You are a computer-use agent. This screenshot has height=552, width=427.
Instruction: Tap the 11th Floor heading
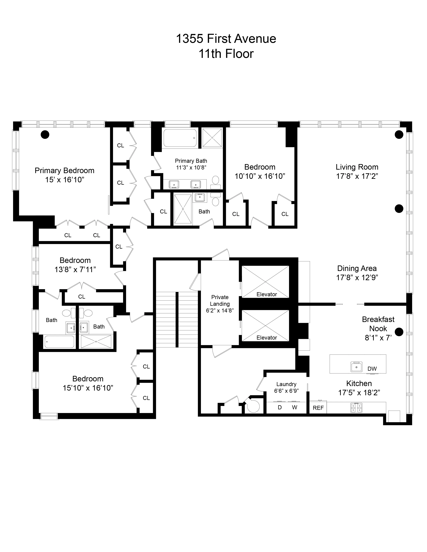(x=226, y=54)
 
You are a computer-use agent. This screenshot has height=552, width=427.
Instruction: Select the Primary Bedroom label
(x=64, y=171)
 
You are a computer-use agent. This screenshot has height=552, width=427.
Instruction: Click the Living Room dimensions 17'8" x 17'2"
(x=357, y=176)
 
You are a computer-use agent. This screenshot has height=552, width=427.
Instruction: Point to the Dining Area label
(x=357, y=268)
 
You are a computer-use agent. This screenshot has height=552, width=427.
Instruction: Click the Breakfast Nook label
(x=378, y=324)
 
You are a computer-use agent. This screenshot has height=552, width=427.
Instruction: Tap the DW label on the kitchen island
(x=372, y=369)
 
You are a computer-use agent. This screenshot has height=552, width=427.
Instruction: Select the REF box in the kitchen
(x=318, y=408)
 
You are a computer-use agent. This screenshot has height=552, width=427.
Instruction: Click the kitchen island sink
(x=357, y=367)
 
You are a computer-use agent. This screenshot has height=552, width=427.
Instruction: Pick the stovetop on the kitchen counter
(x=356, y=407)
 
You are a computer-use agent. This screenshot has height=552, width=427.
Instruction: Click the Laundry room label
(x=286, y=384)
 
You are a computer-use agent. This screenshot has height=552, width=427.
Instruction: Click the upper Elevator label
(x=267, y=294)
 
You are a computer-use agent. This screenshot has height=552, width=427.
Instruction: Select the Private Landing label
(x=220, y=301)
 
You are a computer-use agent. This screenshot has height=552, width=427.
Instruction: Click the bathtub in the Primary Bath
(x=180, y=138)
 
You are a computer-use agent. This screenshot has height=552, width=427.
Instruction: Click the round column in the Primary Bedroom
(x=45, y=134)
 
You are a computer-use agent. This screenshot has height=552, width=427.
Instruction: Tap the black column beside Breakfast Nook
(x=399, y=332)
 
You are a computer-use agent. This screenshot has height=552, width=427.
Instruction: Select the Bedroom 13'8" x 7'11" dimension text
(x=75, y=270)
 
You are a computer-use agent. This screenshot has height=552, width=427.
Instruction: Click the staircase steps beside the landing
(x=176, y=319)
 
